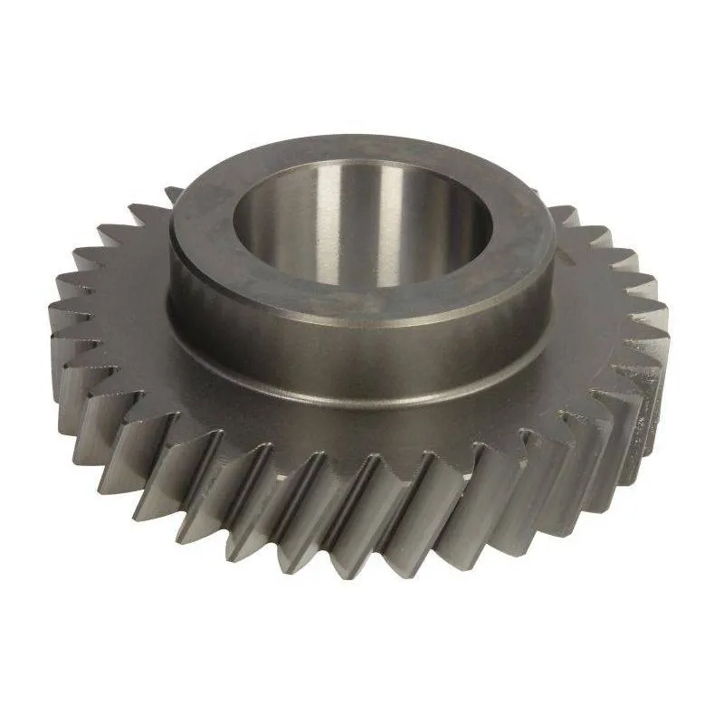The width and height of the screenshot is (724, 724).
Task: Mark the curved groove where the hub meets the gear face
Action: pyautogui.click(x=362, y=385)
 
